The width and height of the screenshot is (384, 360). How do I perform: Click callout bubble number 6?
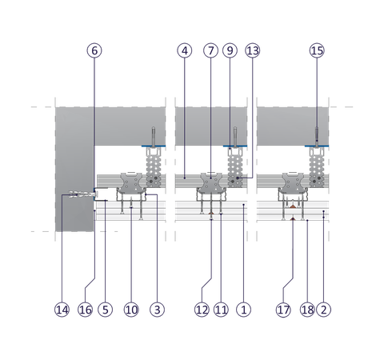[x=94, y=50]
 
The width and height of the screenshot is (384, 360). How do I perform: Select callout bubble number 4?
[x=185, y=50]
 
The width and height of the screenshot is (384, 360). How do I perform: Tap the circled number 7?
[x=210, y=50]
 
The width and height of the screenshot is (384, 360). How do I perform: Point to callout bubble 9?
[x=230, y=50]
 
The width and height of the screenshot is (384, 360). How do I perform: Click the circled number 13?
[x=253, y=50]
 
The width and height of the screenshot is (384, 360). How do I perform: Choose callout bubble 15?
[x=317, y=50]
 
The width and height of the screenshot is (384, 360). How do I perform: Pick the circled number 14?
[x=62, y=310]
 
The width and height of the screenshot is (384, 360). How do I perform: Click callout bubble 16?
[x=86, y=310]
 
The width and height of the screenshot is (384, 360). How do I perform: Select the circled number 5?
[x=106, y=310]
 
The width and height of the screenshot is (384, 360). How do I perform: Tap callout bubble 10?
[x=131, y=310]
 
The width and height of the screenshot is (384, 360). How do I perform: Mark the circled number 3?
[x=157, y=310]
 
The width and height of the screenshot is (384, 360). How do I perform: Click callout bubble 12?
[x=202, y=310]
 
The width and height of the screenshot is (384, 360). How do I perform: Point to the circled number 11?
[x=221, y=310]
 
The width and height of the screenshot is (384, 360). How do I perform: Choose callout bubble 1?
[x=244, y=310]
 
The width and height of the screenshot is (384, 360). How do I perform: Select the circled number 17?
[x=283, y=310]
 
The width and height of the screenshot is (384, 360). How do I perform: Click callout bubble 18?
[x=307, y=310]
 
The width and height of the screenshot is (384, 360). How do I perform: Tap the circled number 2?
[x=323, y=310]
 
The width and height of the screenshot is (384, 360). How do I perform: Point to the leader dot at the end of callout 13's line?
[x=238, y=178]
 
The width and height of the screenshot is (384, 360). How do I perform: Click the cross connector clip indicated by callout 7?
[x=210, y=182]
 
